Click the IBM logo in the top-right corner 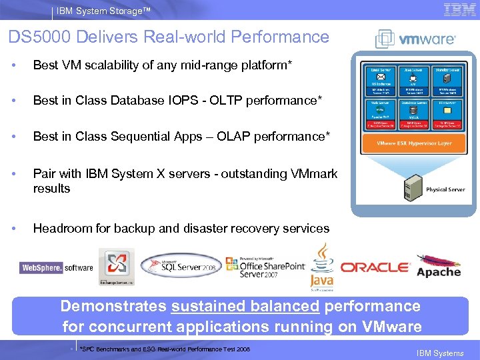(x=459, y=10)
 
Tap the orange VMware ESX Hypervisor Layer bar (x=413, y=143)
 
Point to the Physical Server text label (x=445, y=190)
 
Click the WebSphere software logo (x=57, y=267)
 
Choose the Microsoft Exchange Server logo (x=116, y=267)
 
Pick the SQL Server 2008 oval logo (x=181, y=265)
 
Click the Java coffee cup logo (x=322, y=266)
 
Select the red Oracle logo (x=375, y=267)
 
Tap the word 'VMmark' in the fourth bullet (x=315, y=173)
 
